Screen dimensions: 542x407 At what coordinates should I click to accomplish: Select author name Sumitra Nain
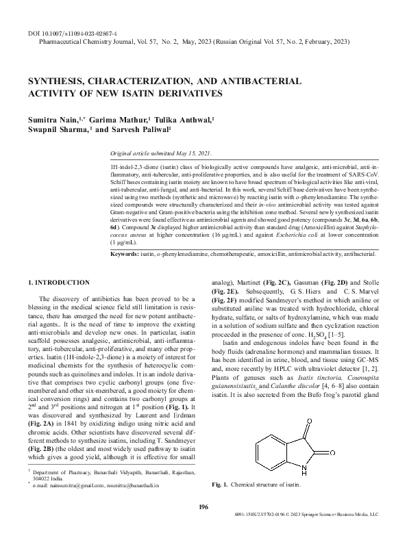(50, 119)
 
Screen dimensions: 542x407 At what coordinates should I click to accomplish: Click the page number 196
(203, 524)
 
